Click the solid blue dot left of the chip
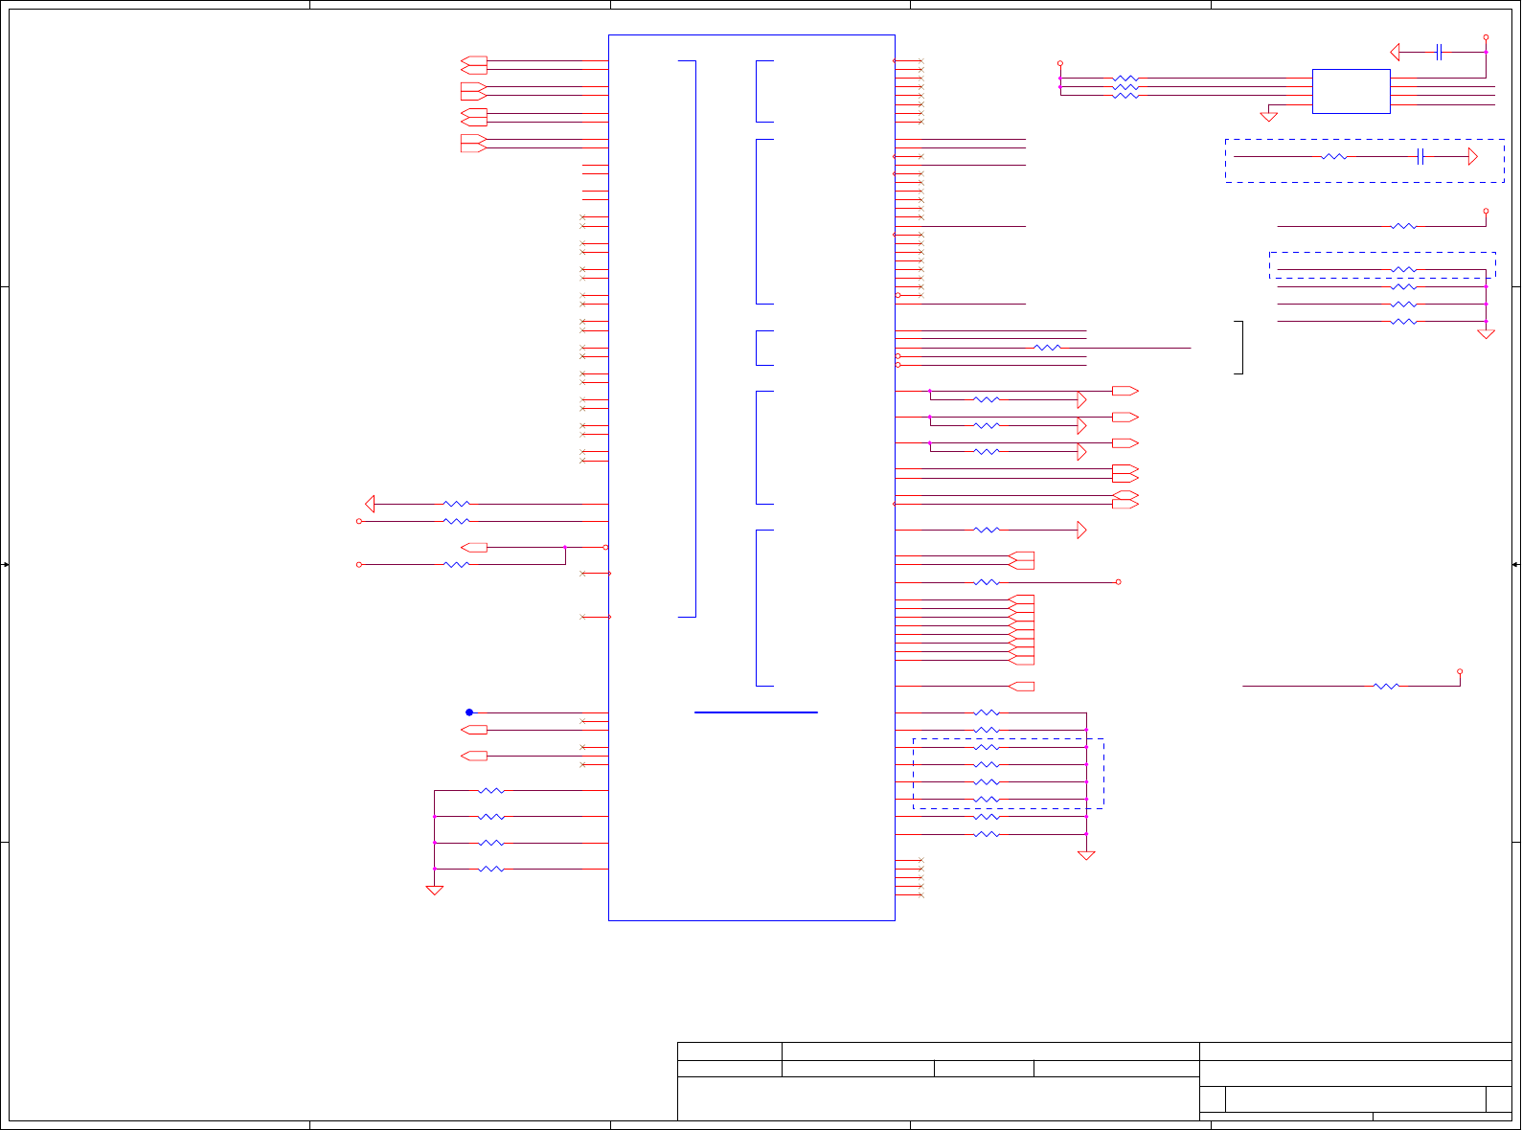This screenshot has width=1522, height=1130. [x=469, y=712]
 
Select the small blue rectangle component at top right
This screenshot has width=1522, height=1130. [x=1351, y=91]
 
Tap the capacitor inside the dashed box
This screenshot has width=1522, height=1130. [x=1420, y=157]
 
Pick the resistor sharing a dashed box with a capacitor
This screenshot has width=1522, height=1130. [x=1334, y=157]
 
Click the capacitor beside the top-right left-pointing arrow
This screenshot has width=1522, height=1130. [x=1439, y=52]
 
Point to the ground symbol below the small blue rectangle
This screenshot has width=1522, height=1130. [x=1269, y=117]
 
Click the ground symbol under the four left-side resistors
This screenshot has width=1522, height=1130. [x=434, y=891]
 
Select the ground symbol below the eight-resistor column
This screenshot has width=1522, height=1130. [x=1086, y=856]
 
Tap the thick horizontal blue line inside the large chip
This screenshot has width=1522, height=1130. [x=756, y=712]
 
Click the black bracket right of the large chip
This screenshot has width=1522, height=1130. [x=1240, y=347]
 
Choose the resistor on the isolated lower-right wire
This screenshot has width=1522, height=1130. [x=1386, y=687]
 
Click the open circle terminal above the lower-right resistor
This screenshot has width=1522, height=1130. [x=1460, y=671]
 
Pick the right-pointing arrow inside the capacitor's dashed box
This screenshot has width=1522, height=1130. [x=1473, y=157]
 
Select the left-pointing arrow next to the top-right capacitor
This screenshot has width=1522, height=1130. [x=1396, y=52]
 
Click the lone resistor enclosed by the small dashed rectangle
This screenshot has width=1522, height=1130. [x=1403, y=270]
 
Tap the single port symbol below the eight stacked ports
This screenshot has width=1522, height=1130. [x=1022, y=687]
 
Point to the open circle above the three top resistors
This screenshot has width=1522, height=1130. [x=1060, y=62]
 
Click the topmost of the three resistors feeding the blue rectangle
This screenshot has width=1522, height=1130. [x=1125, y=79]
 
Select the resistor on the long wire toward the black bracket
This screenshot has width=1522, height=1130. [x=1048, y=348]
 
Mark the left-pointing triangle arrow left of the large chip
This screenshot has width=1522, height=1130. [x=370, y=504]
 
